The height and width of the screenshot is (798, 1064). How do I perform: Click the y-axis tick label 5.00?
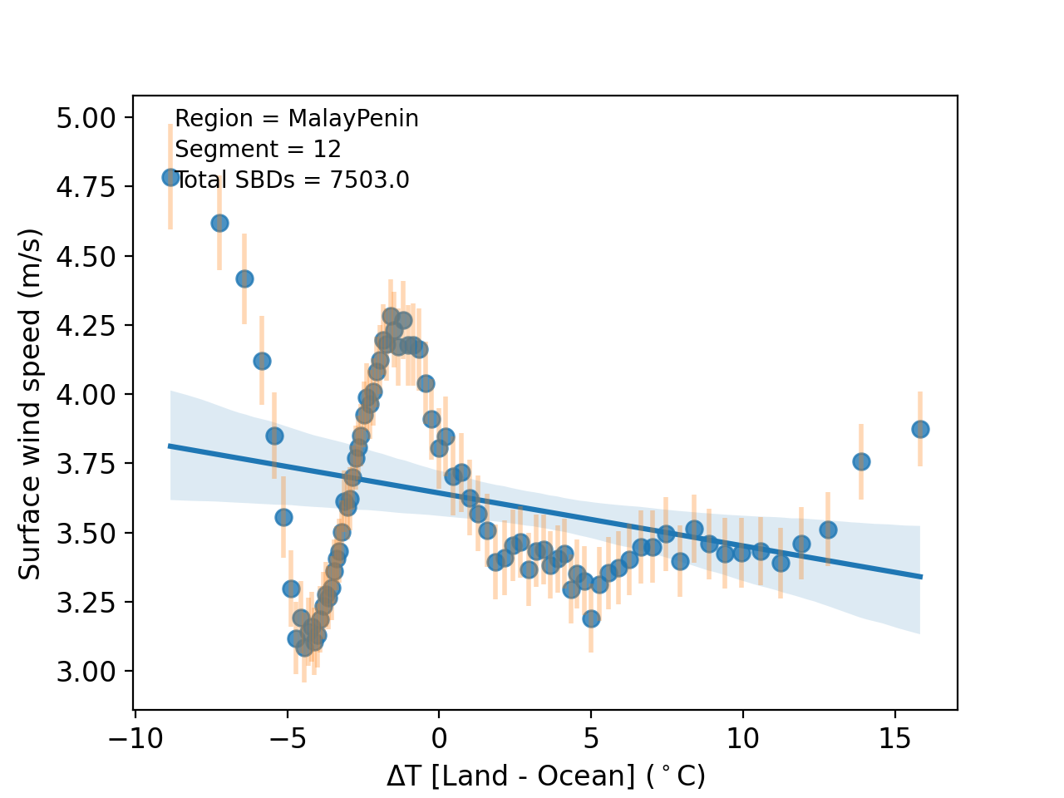pos(86,118)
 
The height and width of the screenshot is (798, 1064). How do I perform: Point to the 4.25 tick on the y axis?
pos(86,325)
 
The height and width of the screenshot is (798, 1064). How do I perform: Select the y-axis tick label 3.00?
pos(86,671)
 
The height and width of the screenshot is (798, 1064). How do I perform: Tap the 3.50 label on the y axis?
pos(86,533)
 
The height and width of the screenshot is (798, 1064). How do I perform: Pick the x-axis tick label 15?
pos(894,739)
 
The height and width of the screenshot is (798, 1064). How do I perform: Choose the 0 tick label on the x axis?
pos(439,739)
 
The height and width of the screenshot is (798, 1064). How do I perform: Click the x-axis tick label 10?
pos(741,739)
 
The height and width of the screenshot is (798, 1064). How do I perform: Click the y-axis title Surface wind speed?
pos(31,403)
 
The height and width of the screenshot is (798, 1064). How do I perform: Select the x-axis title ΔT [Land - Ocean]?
pos(545,776)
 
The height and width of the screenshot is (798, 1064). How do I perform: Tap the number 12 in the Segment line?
pos(328,150)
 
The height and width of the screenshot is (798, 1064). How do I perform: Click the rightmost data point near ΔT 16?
pos(920,429)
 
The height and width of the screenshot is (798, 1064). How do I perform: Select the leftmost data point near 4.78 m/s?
pos(170,177)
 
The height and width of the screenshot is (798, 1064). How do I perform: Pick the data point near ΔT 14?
pos(861,461)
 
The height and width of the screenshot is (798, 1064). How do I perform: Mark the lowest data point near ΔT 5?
pos(591,618)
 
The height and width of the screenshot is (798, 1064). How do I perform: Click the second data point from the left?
pos(219,223)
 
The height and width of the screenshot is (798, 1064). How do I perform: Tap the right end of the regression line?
pos(921,576)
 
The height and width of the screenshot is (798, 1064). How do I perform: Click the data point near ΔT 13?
pos(828,530)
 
